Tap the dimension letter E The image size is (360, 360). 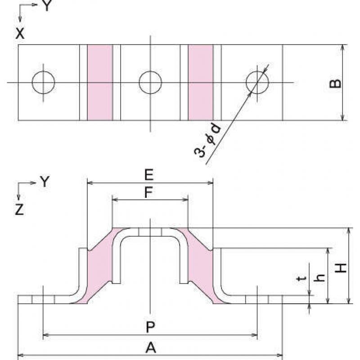pos(149,175)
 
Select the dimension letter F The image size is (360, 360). pos(148,193)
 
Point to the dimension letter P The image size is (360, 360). pos(150,327)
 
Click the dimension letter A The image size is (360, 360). pos(151,347)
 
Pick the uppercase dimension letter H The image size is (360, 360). pos(341,268)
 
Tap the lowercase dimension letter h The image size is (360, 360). pos(319,278)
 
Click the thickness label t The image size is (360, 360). pos(301,279)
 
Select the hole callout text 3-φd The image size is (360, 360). pos(207,140)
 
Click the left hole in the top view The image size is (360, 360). pos(43,82)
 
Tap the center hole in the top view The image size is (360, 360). pos(150,82)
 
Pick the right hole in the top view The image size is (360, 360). pos(257,82)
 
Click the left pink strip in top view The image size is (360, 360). pos(100,82)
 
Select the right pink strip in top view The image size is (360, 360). pos(201,82)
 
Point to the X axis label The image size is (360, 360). pos(20,34)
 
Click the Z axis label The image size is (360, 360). pos(19,210)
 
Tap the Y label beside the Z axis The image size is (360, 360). pos(45,182)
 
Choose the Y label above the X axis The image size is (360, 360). pos(47,5)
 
